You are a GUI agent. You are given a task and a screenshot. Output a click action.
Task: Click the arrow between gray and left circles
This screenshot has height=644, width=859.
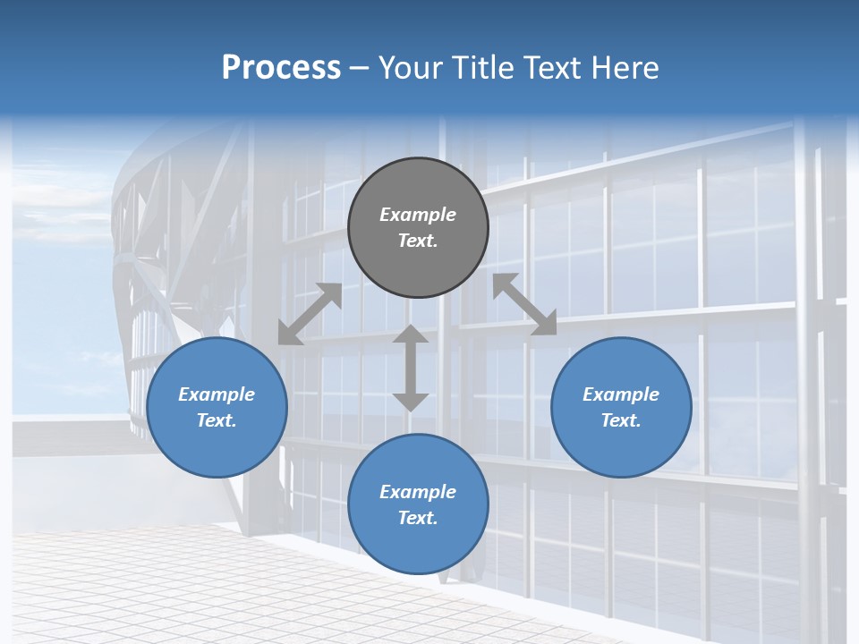310,314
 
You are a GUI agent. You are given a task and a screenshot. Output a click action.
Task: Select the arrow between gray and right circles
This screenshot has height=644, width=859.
524,304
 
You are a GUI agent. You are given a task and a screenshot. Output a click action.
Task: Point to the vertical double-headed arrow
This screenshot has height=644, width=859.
411,368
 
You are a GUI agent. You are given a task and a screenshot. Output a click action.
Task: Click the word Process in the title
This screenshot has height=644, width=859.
281,67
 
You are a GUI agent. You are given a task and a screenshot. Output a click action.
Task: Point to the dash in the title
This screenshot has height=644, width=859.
360,68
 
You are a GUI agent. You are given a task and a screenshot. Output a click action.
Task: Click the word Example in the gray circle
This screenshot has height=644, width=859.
418,215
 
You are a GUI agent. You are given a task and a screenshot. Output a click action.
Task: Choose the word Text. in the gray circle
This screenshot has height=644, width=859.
418,241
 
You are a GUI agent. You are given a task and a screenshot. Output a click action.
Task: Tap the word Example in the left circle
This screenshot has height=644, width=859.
217,394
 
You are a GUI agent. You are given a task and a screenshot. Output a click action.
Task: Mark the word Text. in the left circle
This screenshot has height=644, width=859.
217,420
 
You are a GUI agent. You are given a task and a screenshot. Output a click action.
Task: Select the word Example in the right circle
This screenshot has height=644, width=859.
621,394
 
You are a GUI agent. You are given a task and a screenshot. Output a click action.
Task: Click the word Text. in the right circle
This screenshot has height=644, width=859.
621,420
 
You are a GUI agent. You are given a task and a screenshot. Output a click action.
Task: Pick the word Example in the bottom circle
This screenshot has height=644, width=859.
418,492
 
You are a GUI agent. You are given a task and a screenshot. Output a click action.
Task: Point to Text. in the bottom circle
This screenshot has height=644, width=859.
418,518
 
